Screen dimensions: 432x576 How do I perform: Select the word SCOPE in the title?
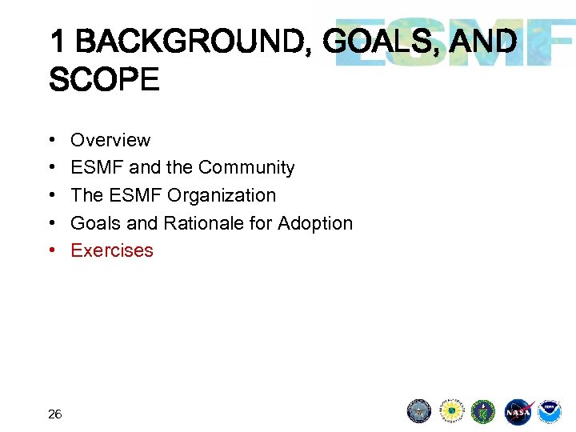pos(104,80)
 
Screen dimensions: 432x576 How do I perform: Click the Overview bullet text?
pos(110,140)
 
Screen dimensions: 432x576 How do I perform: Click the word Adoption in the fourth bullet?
pos(314,222)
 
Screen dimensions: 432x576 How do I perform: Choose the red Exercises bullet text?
pos(112,250)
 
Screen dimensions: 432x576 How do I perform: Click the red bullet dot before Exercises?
pos(52,250)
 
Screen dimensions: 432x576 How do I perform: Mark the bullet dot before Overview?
pos(52,140)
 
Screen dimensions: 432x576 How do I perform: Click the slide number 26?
pos(55,414)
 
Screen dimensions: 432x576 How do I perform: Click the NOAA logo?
pos(550,411)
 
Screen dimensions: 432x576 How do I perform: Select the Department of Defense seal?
pos(419,411)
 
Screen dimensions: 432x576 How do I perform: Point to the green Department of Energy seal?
pos(484,411)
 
